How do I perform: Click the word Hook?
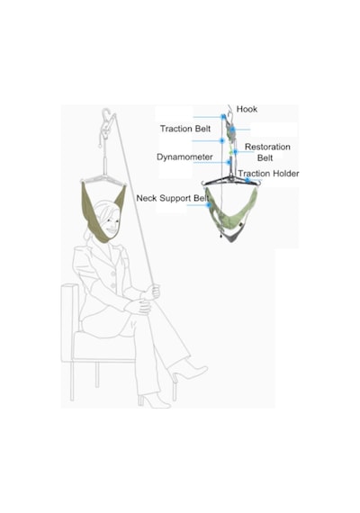247,109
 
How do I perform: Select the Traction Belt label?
185,129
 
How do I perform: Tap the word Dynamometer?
184,157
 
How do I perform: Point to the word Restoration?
267,147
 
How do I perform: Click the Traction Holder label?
268,174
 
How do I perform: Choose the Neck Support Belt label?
173,198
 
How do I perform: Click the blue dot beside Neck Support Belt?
208,205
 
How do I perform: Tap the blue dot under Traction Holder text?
247,180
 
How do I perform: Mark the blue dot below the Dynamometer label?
229,162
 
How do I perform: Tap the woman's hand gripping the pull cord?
153,292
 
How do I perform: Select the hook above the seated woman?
105,114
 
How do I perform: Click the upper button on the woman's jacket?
113,274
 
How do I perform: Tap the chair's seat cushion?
104,346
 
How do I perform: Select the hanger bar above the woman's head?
103,179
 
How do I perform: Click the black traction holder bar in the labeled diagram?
231,181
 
